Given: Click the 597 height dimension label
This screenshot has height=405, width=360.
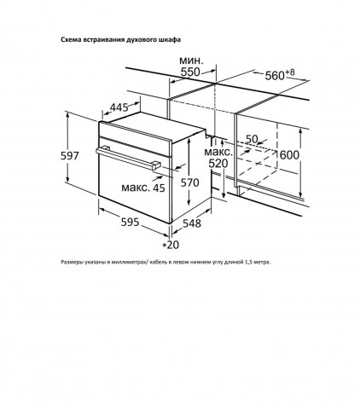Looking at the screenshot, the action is pos(69,156).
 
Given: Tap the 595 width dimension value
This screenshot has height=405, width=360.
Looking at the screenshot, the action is pos(131,222).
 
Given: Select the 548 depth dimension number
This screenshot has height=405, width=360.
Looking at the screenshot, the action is pos(192,223).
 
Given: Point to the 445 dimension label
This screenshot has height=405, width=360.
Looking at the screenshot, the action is pos(119,107).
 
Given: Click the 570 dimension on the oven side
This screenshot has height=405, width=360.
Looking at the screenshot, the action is pos(190,182).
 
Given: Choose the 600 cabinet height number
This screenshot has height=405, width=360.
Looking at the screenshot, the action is pos(290,155).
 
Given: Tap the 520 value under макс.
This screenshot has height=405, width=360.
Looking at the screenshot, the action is pos(218,164).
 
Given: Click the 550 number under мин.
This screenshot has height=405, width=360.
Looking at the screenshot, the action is pos(190,72).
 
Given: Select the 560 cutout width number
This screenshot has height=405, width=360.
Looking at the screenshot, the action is pos(275,76).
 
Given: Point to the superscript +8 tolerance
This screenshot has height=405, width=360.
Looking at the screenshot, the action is pos(290,72).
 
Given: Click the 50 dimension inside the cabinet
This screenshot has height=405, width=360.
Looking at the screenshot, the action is pos(252,139).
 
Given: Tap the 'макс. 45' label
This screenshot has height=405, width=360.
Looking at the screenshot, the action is pos(143,188).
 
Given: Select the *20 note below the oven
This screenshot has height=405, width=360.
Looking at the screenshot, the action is pos(171,245).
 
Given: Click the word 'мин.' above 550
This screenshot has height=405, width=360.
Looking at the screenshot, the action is pos(191,61).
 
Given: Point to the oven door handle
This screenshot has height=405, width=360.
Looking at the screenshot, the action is pos(128,158).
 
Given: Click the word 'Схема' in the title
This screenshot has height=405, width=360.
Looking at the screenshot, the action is pos(71,40).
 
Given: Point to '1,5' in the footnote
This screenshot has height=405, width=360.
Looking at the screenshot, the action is pos(248,262).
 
